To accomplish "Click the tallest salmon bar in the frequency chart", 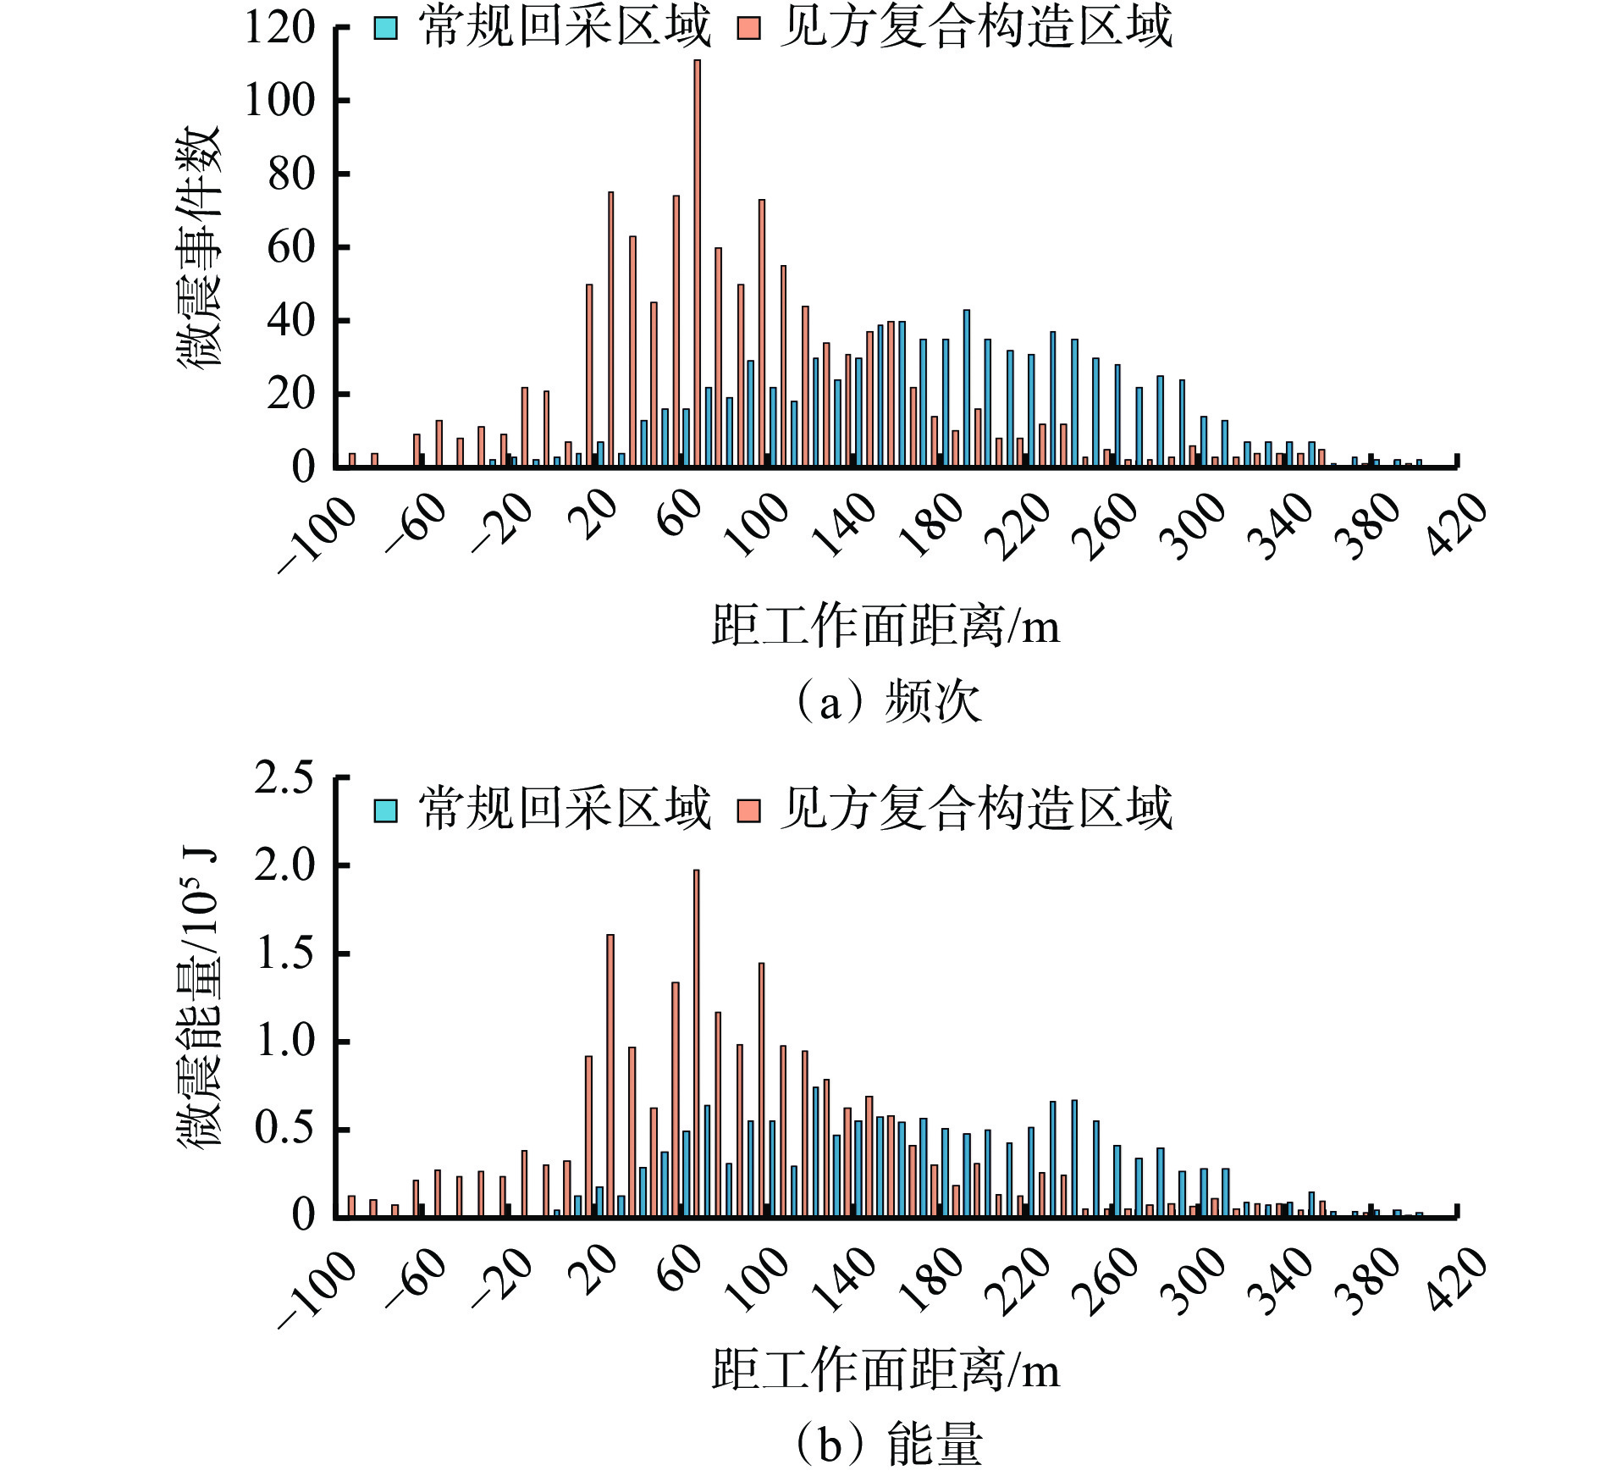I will (x=697, y=263).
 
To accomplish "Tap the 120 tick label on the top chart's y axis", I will (x=279, y=28).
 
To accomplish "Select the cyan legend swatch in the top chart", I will (x=385, y=29).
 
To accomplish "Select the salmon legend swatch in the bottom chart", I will (x=748, y=810).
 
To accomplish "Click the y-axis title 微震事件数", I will (x=200, y=246).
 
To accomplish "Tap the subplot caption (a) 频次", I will (x=887, y=702).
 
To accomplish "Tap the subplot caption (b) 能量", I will (x=887, y=1445).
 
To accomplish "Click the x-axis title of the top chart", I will (x=886, y=627).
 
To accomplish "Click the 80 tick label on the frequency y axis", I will (x=290, y=174).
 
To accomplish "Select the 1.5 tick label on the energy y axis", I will (x=284, y=954).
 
